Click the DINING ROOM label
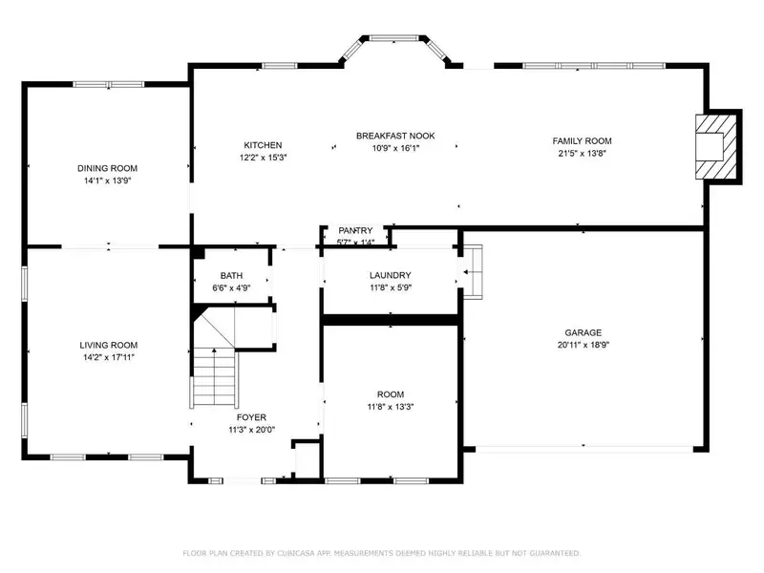[x=107, y=168]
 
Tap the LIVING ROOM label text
[x=108, y=345]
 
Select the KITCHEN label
[x=263, y=145]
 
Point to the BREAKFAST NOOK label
[x=395, y=136]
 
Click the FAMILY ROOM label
[x=582, y=140]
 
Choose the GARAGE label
[x=584, y=332]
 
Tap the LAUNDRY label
[x=391, y=275]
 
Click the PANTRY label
[x=355, y=230]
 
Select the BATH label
[x=231, y=276]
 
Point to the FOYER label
[x=251, y=417]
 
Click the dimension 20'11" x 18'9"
[x=584, y=345]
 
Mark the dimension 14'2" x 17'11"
[x=108, y=357]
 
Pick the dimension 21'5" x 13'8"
[x=582, y=153]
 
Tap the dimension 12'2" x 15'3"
[x=263, y=158]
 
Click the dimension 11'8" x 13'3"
[x=391, y=407]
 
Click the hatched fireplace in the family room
[x=715, y=147]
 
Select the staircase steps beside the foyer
[x=214, y=377]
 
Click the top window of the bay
[x=393, y=37]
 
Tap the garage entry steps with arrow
[x=472, y=272]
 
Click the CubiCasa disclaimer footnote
[x=381, y=553]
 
